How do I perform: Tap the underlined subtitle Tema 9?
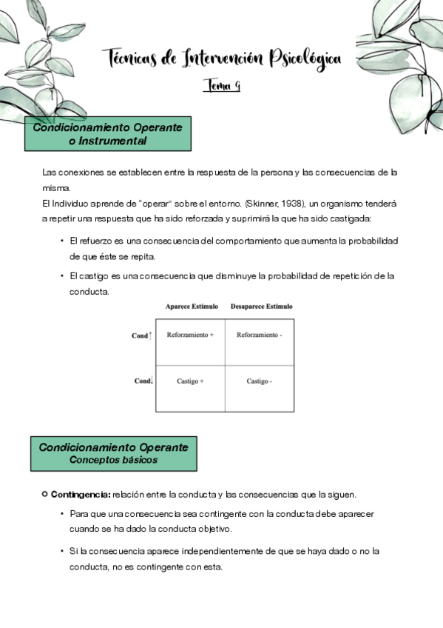tap(221, 86)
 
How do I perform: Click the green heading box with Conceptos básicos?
tap(113, 453)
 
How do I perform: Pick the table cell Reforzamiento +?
tap(190, 335)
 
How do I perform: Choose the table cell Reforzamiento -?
tap(259, 335)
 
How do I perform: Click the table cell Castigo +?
tap(190, 381)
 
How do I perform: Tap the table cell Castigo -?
tap(259, 381)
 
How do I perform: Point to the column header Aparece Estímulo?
tap(190, 306)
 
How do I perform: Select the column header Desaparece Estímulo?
tap(261, 306)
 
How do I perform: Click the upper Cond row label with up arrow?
tap(141, 335)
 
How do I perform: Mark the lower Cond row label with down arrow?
tap(142, 381)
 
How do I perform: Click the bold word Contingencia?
tap(80, 494)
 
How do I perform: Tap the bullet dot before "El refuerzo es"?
tap(61, 241)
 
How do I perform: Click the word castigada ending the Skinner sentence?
tap(349, 218)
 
